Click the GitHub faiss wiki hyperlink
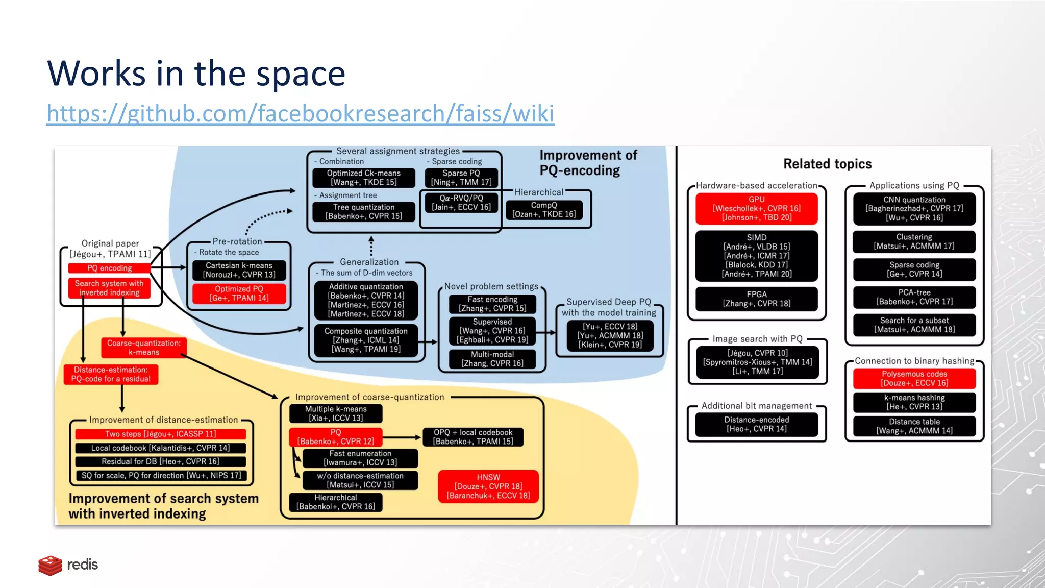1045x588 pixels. pos(300,113)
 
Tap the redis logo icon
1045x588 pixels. pos(50,565)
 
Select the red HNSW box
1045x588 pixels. pos(488,486)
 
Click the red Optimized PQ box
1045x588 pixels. pos(239,293)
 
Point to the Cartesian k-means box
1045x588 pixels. pos(239,270)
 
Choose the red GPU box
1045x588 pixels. pos(756,208)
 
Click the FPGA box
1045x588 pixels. pos(756,299)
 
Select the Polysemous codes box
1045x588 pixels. pos(914,378)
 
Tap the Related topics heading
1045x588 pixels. pos(827,164)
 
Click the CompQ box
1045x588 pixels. pos(543,210)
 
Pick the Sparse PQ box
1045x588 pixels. pos(461,178)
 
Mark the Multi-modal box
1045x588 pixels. pos(492,359)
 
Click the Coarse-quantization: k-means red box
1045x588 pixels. pos(144,348)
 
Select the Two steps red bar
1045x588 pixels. pos(160,434)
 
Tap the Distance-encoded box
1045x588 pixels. pos(756,424)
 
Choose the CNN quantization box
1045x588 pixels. pos(914,208)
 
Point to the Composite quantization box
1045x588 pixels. pos(366,340)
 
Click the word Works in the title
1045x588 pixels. pos(96,73)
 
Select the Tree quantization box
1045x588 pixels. pos(363,212)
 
